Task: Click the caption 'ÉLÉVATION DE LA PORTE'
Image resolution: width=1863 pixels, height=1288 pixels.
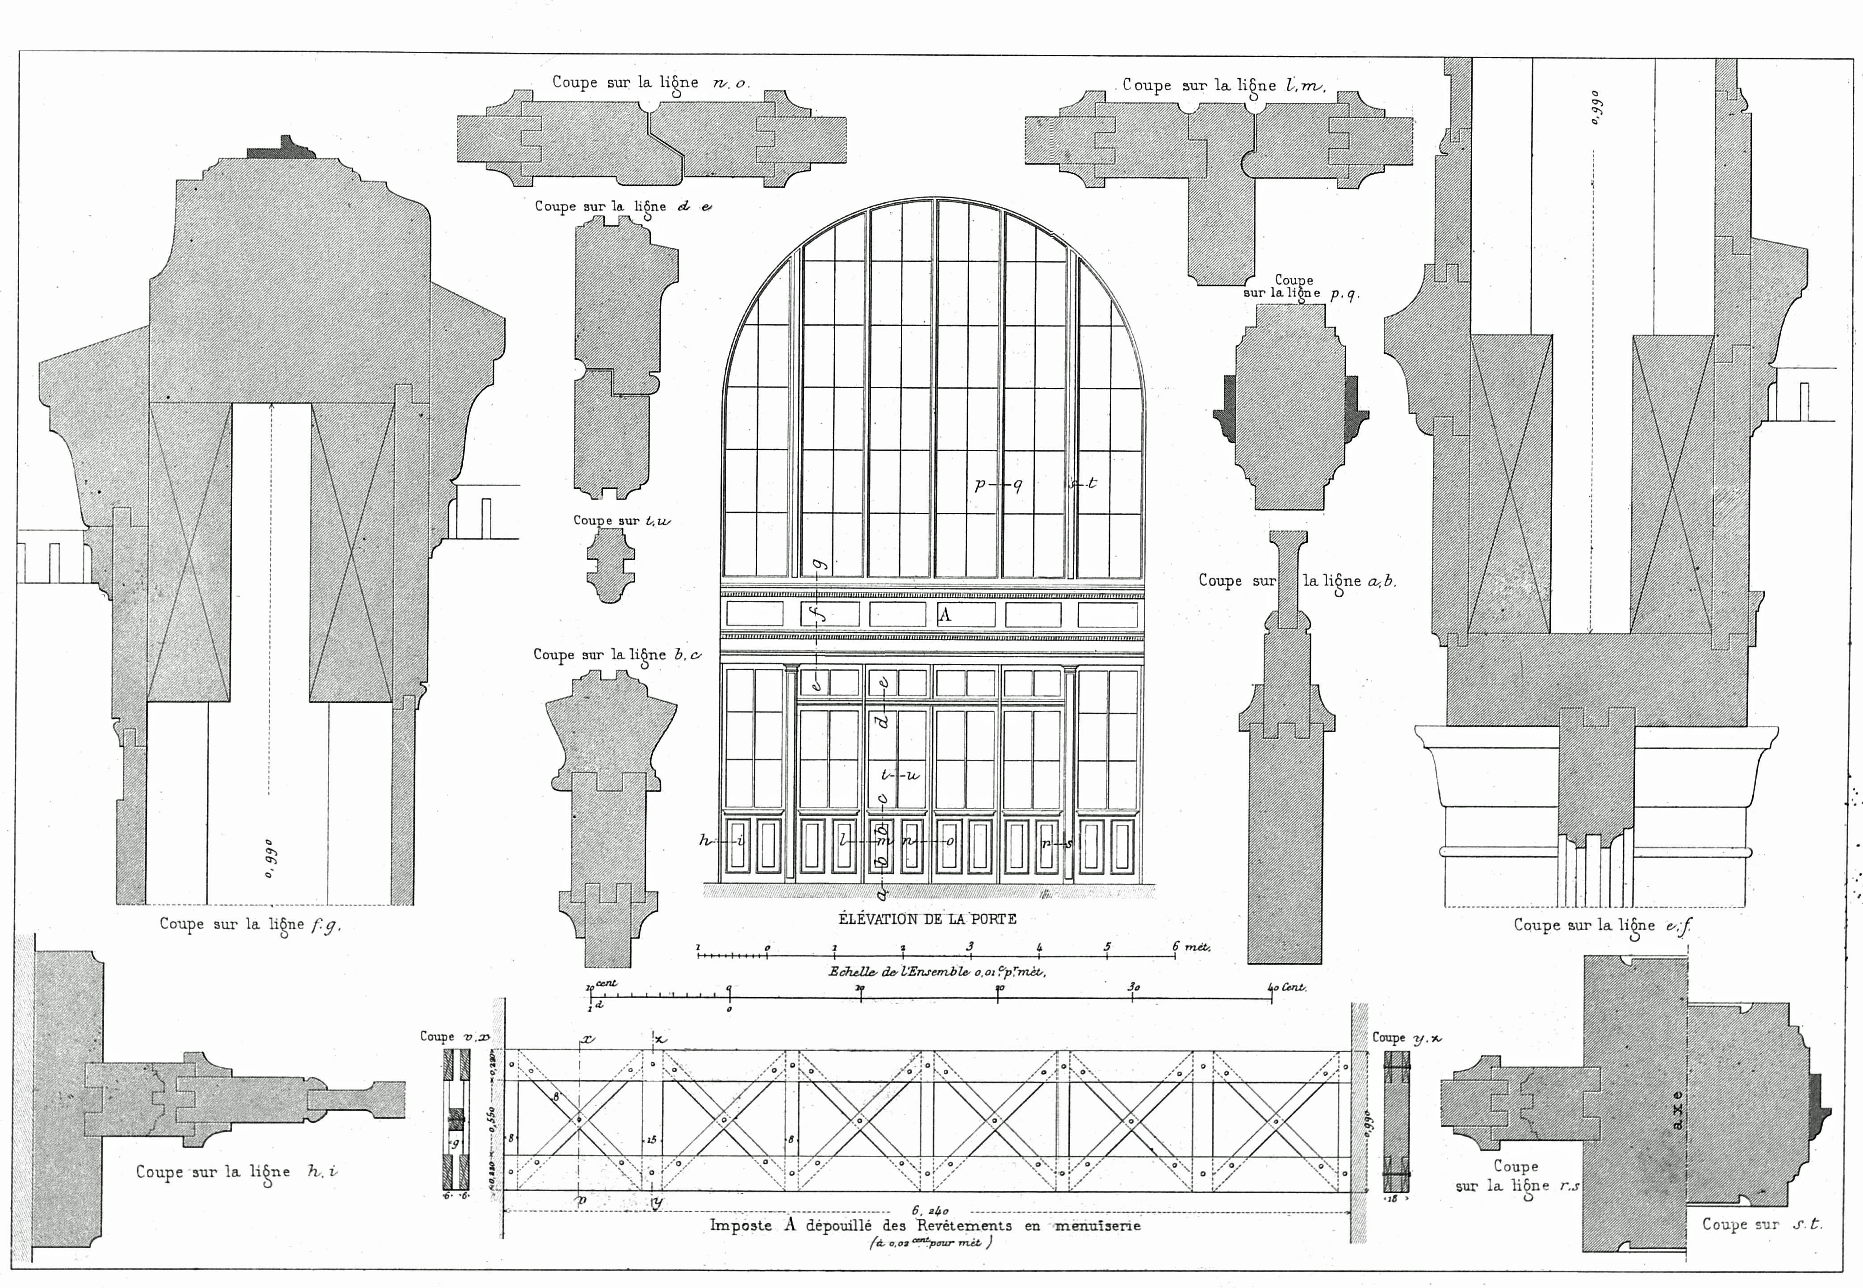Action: (x=927, y=919)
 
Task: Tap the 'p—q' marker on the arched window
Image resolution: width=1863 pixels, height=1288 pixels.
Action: (x=999, y=485)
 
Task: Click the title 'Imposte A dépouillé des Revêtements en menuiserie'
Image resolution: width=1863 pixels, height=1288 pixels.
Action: (x=925, y=1225)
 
